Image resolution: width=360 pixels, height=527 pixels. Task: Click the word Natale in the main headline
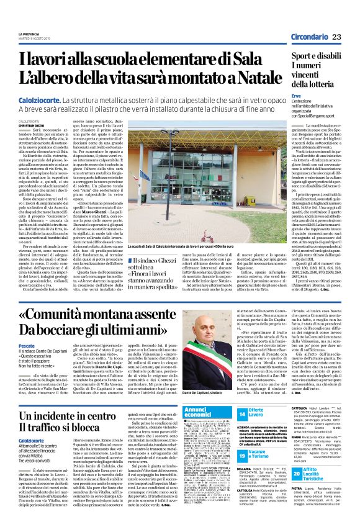242,79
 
